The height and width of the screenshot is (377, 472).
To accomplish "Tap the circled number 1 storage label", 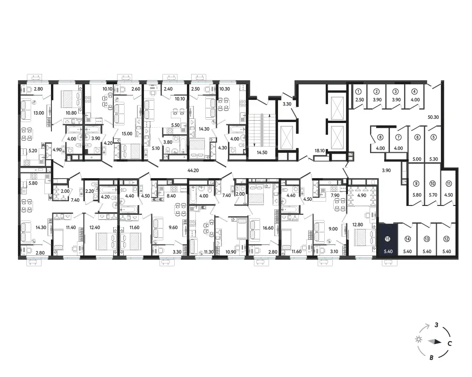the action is coord(358,91).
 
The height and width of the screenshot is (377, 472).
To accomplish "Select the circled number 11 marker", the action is coord(448,184).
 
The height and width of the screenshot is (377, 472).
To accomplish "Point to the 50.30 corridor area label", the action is coord(433,117).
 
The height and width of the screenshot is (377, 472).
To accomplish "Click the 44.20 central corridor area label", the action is coord(193,171).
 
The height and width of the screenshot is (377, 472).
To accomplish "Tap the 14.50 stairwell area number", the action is coord(262,152).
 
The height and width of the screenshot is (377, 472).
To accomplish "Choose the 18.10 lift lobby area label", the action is coord(320,151).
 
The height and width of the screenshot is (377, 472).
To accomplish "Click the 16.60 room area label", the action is coord(268,228).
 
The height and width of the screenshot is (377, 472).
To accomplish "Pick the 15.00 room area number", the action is coord(126,133).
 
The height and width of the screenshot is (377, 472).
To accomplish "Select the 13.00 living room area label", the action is coord(39,113).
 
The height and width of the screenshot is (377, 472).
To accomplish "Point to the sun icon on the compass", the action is coord(418,339).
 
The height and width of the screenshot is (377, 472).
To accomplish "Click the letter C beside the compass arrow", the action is coord(449,344).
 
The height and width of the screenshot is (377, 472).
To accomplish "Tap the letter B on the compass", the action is coord(431,358).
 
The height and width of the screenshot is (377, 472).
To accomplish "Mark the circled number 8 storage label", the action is coord(380,138).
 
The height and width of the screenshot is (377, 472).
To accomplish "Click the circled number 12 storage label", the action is coord(446,239).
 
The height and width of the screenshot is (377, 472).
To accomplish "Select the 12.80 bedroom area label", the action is coord(358,224).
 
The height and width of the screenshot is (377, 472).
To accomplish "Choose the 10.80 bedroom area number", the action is coord(71,113).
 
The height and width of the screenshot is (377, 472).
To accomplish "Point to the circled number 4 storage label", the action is coord(414,91).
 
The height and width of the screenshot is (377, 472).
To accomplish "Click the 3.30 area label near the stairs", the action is coord(287,104).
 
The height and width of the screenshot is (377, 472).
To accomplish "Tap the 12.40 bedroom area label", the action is coord(94,228).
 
